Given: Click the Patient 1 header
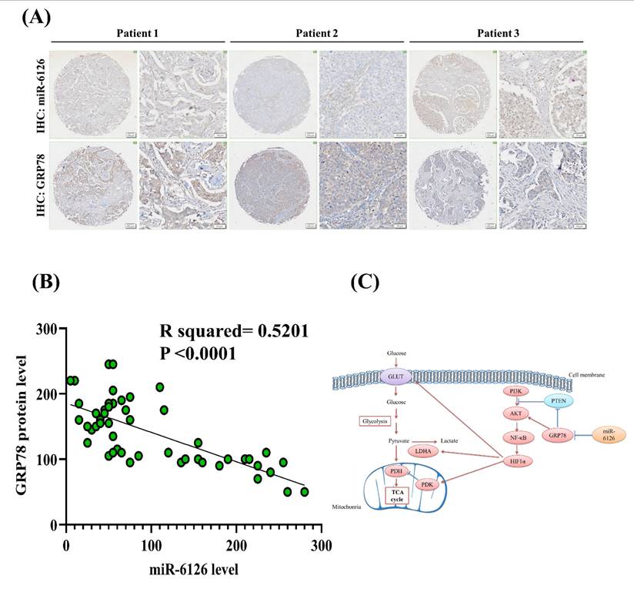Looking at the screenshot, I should pyautogui.click(x=138, y=35).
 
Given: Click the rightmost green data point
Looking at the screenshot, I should pyautogui.click(x=305, y=491).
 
